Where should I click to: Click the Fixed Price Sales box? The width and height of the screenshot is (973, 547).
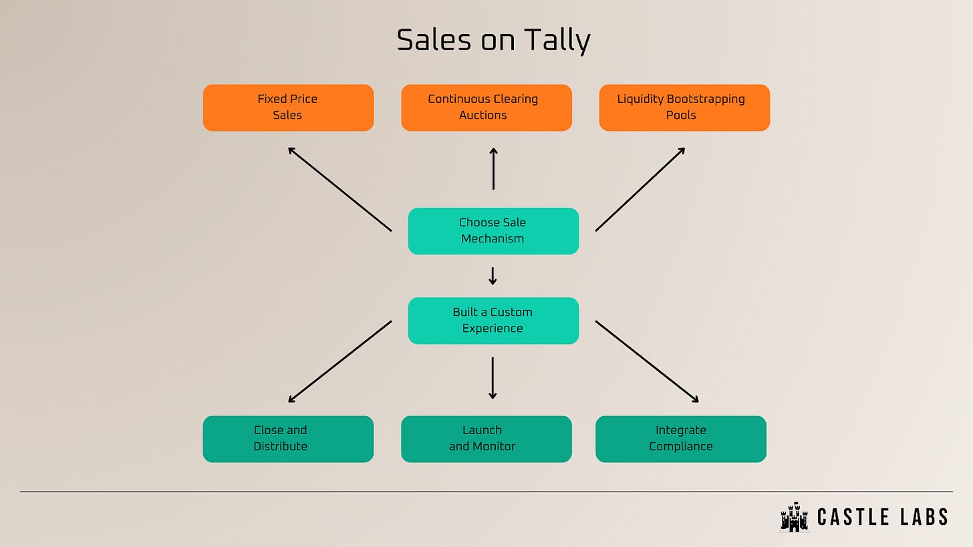[x=288, y=108]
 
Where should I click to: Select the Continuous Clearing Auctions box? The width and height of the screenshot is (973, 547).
[x=486, y=108]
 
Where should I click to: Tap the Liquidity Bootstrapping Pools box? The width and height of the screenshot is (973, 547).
[x=684, y=108]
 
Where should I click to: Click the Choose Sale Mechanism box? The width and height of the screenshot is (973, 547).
[x=493, y=231]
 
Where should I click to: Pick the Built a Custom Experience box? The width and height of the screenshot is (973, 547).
[x=493, y=321]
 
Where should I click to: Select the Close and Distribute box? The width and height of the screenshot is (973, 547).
[x=288, y=439]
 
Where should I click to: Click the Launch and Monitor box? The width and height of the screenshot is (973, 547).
[x=486, y=439]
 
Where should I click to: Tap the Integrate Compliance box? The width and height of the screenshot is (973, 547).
[x=680, y=439]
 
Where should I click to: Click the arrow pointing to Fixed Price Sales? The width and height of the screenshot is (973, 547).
[x=339, y=189]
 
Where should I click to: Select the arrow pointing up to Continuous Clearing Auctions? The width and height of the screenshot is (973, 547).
[x=493, y=169]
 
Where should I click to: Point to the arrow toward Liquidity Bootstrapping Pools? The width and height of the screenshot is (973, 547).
[x=640, y=189]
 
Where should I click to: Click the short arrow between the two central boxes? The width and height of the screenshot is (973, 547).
[x=493, y=276]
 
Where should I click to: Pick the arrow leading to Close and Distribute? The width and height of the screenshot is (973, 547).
[x=339, y=361]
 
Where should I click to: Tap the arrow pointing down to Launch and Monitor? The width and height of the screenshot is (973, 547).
[x=493, y=378]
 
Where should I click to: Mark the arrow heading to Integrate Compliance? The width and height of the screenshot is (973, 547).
[x=647, y=361]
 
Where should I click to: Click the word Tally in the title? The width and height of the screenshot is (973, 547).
[x=552, y=41]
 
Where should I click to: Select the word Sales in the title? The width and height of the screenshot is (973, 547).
[x=435, y=41]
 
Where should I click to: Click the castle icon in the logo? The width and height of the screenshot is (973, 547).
[x=794, y=517]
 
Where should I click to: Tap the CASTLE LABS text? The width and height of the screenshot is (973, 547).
[x=883, y=517]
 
